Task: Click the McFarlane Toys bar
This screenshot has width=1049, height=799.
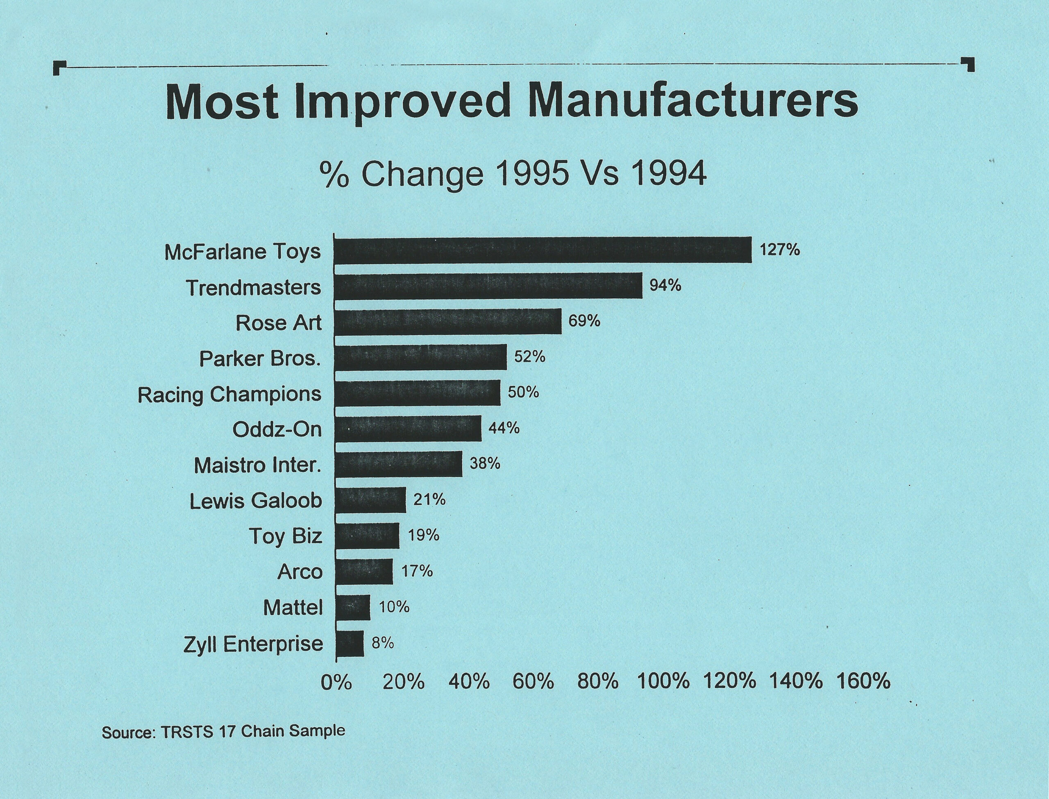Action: pos(543,250)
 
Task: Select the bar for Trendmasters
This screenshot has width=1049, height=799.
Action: pos(488,286)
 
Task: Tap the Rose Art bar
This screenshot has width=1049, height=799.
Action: pos(448,321)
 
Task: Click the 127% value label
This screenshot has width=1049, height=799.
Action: pos(780,250)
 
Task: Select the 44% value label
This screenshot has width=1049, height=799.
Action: pos(504,428)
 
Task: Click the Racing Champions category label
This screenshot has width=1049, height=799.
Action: pos(229,395)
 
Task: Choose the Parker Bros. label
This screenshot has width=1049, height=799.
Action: pos(260,359)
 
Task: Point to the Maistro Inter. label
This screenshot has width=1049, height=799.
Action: pos(258,465)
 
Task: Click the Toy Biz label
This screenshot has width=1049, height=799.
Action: pos(286,537)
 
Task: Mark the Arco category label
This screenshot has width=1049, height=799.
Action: pos(300,571)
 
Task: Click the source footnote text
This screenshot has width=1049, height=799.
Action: pos(223,731)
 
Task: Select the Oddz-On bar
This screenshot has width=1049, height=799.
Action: pos(408,428)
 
